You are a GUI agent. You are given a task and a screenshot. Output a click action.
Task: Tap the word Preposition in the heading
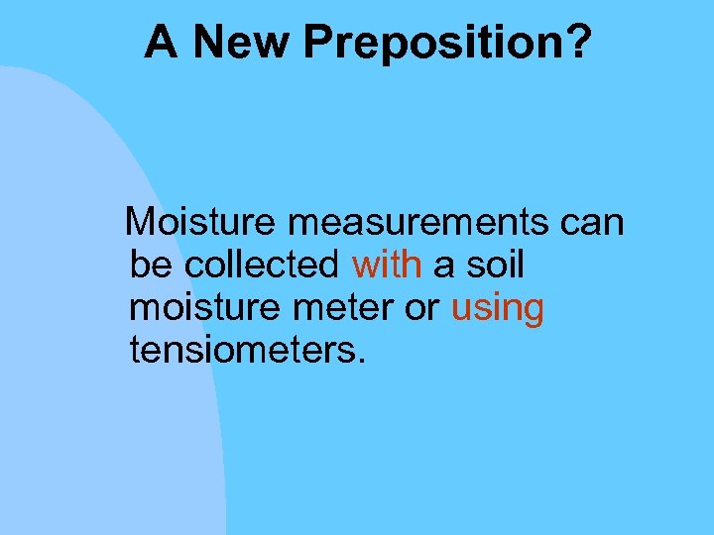click(x=432, y=43)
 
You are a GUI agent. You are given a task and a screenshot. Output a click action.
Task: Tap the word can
click(x=591, y=224)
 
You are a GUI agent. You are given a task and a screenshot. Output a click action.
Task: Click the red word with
click(x=387, y=265)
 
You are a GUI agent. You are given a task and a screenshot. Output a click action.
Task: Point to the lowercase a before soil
click(x=442, y=267)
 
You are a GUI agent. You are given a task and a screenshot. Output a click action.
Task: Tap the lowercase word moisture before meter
click(x=193, y=308)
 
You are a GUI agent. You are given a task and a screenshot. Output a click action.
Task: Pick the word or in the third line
click(x=419, y=310)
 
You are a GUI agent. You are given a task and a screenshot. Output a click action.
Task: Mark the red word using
click(x=498, y=310)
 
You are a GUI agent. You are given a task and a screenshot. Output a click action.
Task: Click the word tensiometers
click(x=243, y=351)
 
